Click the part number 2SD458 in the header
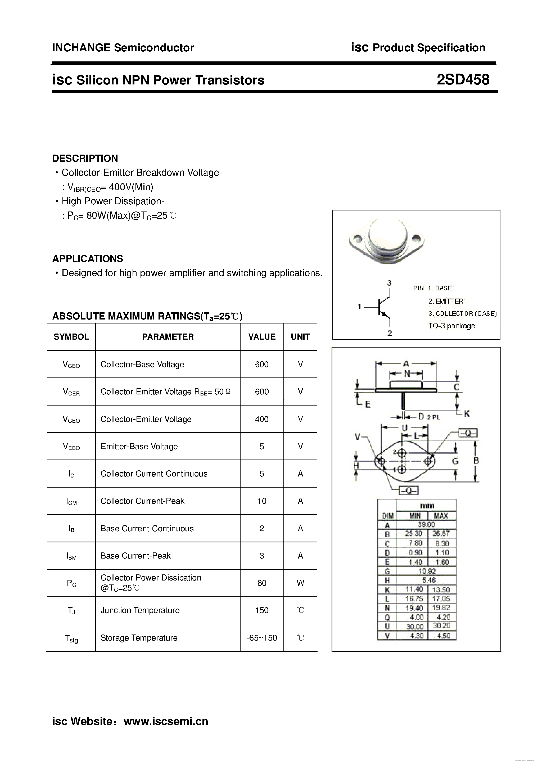coord(463,80)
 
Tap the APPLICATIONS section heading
coord(88,259)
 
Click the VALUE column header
coord(261,336)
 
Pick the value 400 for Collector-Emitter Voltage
coord(261,419)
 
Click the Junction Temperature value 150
coord(261,610)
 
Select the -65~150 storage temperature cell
coord(261,638)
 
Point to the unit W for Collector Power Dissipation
coord(300,583)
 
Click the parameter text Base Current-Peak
coord(135,556)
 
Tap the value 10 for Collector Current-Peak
coord(261,501)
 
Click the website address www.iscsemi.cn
coord(166,721)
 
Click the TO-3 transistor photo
coord(386,240)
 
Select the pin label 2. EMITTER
coord(446,301)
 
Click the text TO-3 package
coord(452,326)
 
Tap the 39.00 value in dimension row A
coord(426,525)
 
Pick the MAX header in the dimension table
coord(441,515)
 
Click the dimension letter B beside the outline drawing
coord(476,461)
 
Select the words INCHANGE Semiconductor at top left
coord(123,48)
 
